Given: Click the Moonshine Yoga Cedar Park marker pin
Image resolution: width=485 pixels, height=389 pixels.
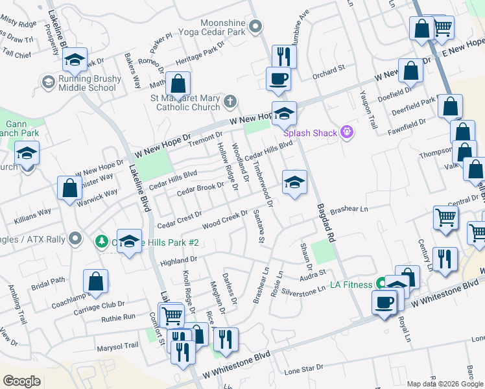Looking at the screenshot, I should (x=255, y=27).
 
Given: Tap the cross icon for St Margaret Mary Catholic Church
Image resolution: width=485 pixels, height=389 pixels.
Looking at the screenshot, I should (x=230, y=101).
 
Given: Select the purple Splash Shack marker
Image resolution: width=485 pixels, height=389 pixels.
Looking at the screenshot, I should (x=348, y=132).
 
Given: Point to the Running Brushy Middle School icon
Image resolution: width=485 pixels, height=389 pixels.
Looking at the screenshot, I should (x=48, y=82).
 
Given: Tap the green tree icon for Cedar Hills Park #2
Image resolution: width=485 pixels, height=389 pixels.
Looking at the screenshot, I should (x=101, y=242).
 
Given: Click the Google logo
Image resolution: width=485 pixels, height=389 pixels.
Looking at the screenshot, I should (x=22, y=381).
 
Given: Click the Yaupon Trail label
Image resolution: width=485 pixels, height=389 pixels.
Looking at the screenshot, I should (x=372, y=109).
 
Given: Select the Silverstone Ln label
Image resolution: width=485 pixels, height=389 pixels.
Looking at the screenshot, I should (x=322, y=290).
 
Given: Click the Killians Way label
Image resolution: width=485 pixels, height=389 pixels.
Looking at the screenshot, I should (x=34, y=213).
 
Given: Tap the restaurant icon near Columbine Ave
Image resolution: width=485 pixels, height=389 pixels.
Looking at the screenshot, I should (x=284, y=56).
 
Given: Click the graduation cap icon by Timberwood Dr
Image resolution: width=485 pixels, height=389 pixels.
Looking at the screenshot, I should (x=294, y=182).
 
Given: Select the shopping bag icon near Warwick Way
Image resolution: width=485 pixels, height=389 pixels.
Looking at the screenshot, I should (x=69, y=189).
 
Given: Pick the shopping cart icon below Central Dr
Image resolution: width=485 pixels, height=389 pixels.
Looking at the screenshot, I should (x=445, y=218).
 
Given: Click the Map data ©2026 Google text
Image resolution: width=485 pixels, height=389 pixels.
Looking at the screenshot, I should (x=445, y=383).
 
